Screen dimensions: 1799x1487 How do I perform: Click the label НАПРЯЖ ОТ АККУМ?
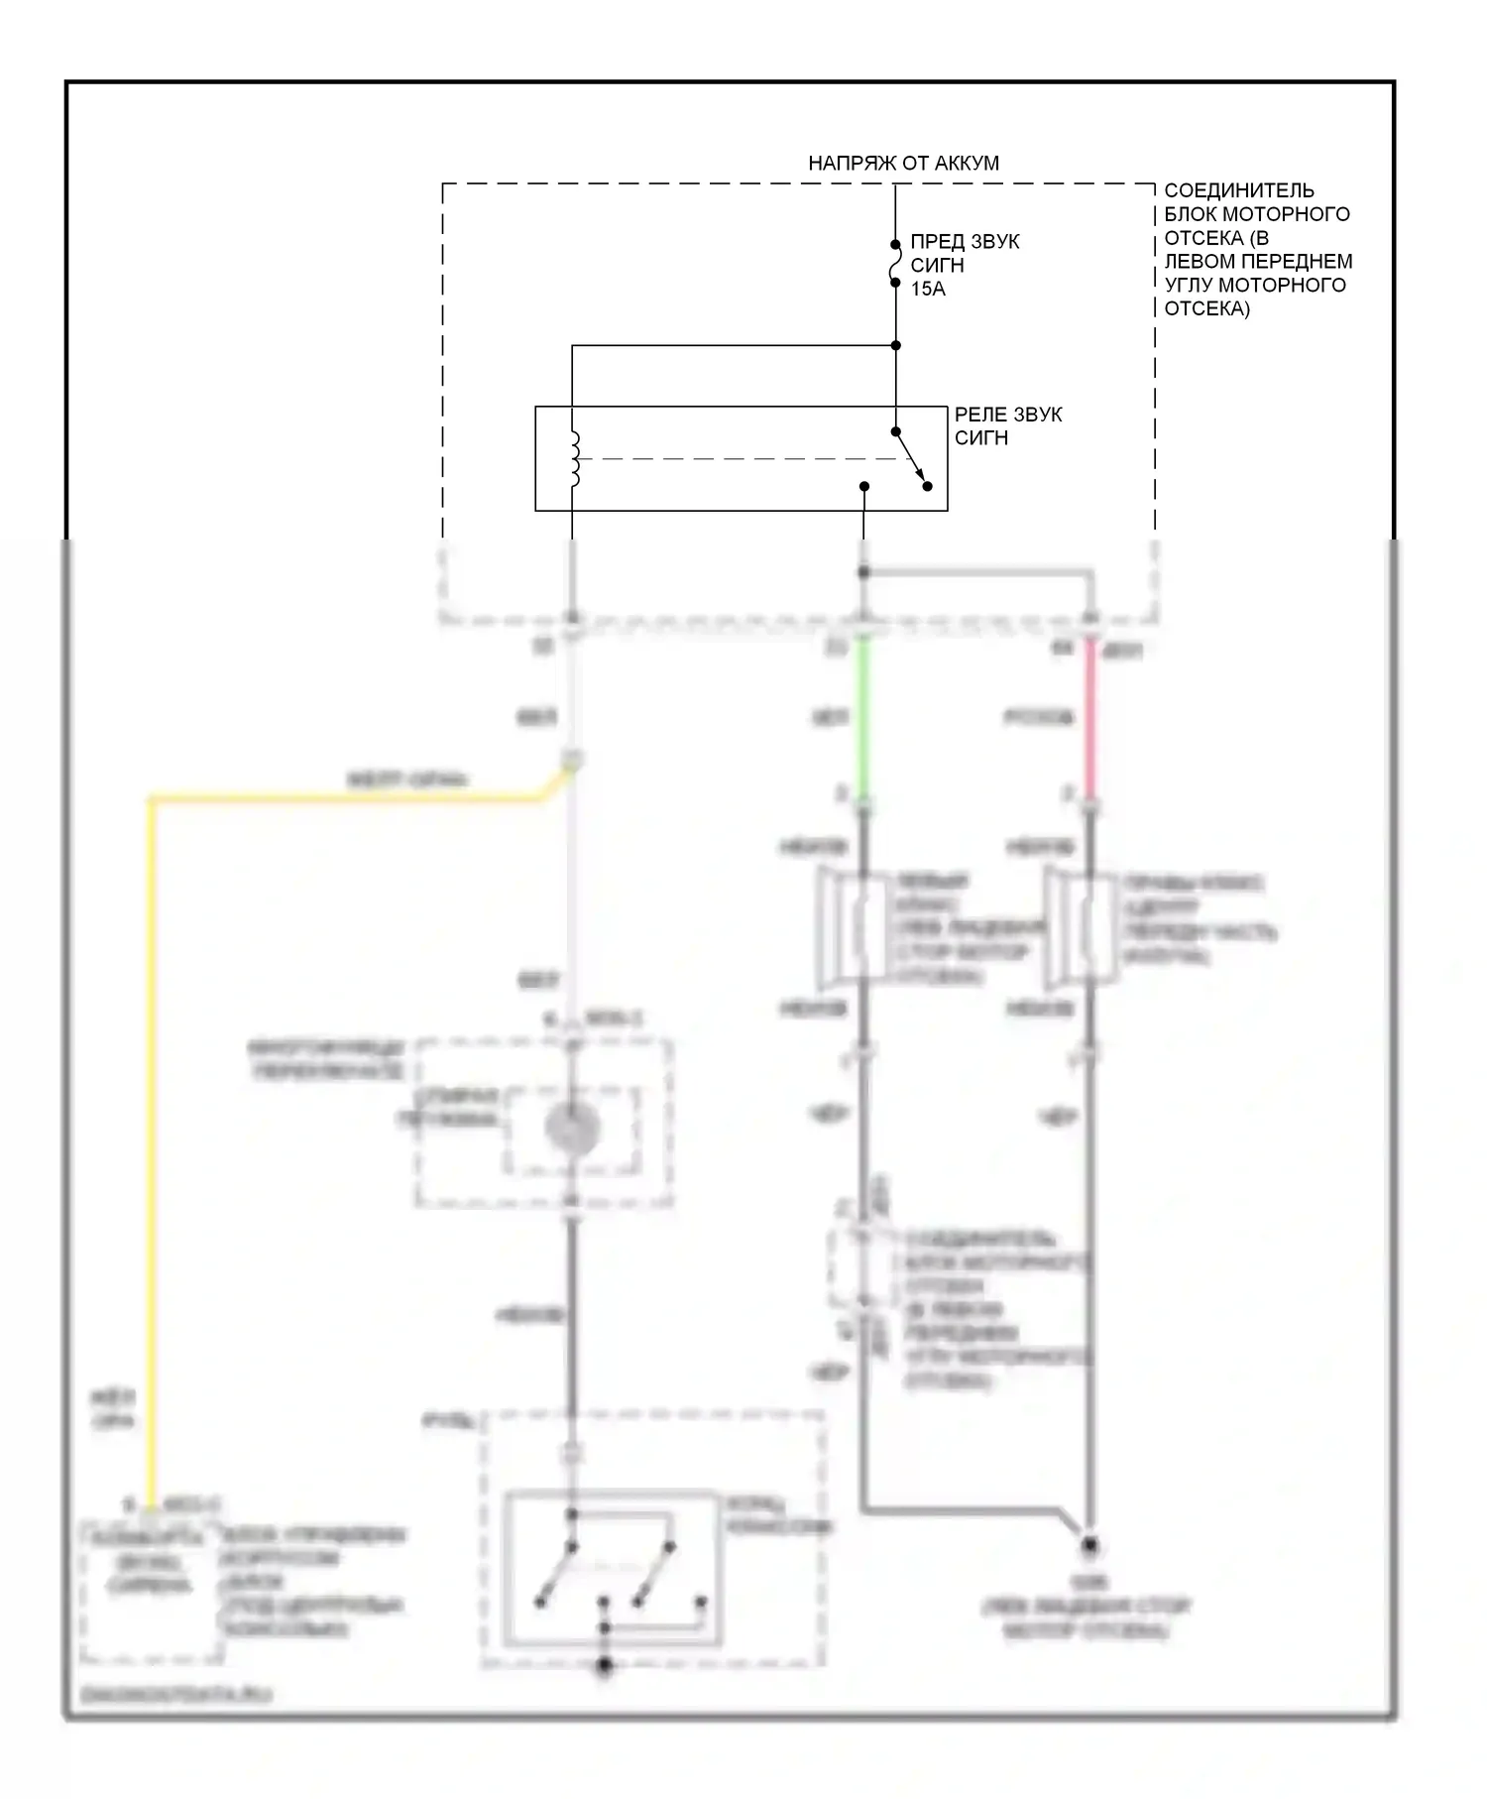[x=903, y=163]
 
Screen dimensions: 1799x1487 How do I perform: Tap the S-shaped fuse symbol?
[x=895, y=264]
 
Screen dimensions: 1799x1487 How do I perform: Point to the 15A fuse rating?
[x=928, y=289]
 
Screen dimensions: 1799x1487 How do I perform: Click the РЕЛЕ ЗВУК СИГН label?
[x=1007, y=425]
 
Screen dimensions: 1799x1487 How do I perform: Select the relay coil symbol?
[x=574, y=459]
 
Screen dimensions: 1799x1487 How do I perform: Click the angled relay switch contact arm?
[x=911, y=459]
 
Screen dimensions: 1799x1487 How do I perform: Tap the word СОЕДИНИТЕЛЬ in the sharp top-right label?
[x=1239, y=190]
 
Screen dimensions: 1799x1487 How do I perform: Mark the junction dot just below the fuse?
[x=895, y=345]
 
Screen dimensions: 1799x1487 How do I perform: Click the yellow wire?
[x=152, y=1140]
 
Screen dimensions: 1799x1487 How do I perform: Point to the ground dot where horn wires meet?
[x=1089, y=1545]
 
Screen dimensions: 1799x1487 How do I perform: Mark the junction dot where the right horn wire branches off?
[x=863, y=572]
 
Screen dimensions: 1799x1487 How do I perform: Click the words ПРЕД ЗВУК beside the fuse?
[x=965, y=242]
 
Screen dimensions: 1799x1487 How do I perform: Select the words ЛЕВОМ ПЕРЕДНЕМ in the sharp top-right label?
[x=1258, y=261]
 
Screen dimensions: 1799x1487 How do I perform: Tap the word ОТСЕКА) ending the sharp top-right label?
[x=1206, y=308]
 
